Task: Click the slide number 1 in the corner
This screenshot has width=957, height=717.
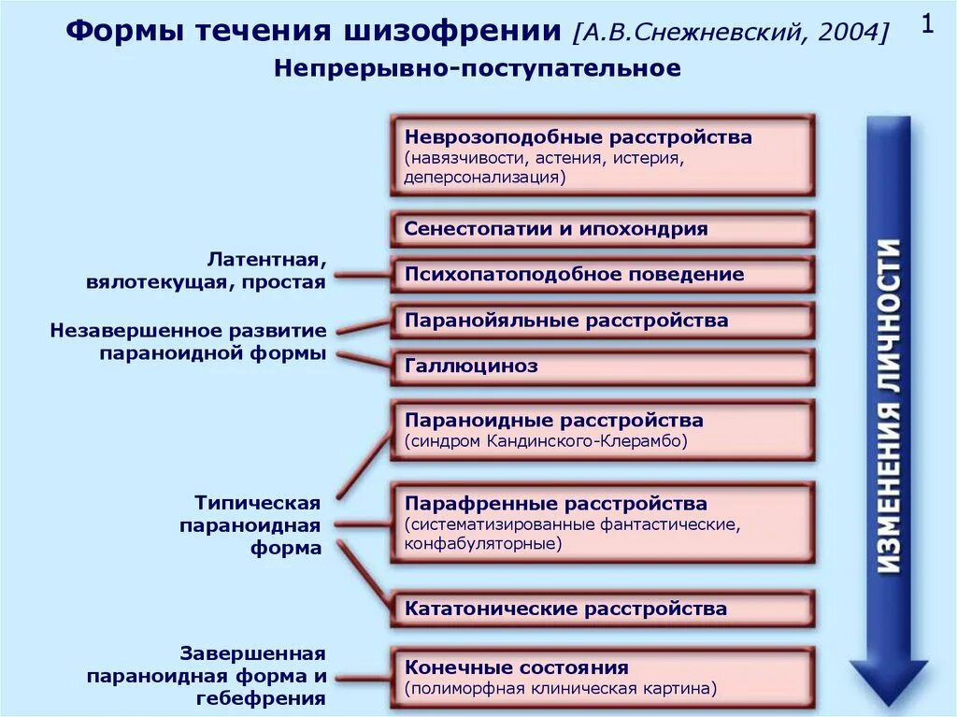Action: [927, 25]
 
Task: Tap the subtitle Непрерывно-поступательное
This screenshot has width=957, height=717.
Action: [478, 69]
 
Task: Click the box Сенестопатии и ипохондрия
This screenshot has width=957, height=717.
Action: [602, 229]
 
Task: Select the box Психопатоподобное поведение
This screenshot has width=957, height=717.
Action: [602, 275]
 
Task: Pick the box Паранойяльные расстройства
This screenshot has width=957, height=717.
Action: [602, 321]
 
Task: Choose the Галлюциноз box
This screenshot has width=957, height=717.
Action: [602, 366]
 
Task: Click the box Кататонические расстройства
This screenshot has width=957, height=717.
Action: [602, 609]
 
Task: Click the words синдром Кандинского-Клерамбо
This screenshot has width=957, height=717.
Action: [546, 441]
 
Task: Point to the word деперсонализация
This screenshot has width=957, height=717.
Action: [485, 177]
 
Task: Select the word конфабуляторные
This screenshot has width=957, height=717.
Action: [483, 543]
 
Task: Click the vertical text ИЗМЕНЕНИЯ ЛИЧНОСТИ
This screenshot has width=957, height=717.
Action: [889, 407]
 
